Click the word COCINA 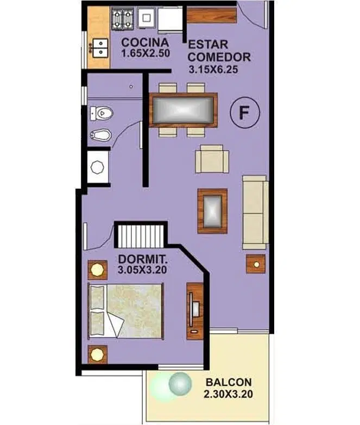(145, 42)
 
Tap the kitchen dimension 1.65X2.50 (146, 53)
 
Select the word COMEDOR (219, 57)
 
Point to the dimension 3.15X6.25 (213, 70)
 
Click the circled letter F (244, 112)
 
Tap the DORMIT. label (143, 259)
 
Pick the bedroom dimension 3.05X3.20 (142, 270)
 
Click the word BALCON (229, 382)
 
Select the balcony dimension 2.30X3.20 (229, 394)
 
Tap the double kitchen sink (100, 48)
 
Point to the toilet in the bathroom (101, 113)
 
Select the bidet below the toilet (100, 135)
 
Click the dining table (184, 110)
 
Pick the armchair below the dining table (212, 159)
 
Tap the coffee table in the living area (212, 211)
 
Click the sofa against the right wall (255, 212)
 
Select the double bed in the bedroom (126, 311)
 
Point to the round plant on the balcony (180, 384)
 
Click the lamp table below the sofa (256, 264)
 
